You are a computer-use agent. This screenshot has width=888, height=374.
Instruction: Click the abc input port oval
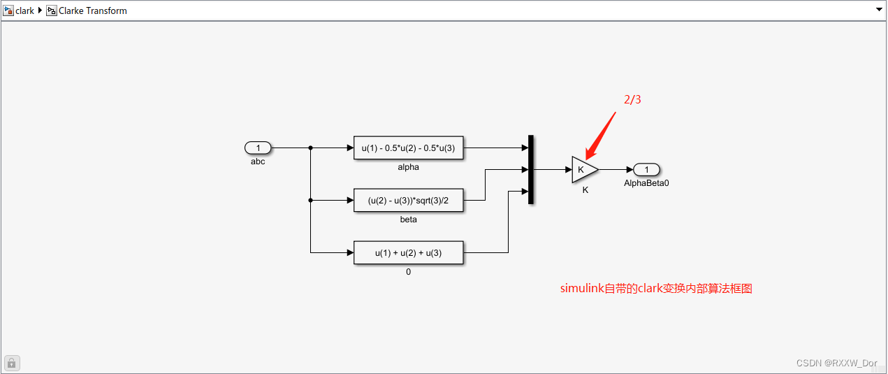(258, 148)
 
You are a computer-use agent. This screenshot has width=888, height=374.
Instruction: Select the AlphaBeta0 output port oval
(647, 169)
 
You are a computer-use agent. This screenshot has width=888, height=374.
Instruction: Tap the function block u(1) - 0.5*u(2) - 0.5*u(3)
(408, 148)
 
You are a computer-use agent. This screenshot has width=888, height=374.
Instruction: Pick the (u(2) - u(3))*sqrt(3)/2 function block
(408, 200)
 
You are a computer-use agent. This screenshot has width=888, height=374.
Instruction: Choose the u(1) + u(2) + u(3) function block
(408, 252)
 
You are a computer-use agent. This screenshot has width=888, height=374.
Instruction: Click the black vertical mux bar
(531, 169)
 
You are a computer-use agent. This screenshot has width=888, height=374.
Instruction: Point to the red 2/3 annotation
(632, 100)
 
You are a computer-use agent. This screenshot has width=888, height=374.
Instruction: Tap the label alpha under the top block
(408, 167)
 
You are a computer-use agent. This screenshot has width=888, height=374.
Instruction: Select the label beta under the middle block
(408, 220)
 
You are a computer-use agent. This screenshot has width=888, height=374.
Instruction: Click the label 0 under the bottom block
(408, 272)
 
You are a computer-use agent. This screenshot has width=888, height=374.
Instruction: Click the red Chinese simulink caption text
(656, 288)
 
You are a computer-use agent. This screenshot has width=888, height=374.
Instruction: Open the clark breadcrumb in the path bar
(24, 10)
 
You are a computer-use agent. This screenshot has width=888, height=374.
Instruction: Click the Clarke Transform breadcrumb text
(92, 10)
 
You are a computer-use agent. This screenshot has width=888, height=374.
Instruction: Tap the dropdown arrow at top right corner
(879, 10)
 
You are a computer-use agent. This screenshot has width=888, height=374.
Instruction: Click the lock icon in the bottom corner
(13, 363)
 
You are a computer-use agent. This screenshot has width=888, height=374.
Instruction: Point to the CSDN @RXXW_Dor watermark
(836, 363)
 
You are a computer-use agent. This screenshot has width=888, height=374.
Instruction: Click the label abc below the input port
(258, 161)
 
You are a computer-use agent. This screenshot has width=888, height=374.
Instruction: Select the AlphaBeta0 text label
(646, 183)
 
